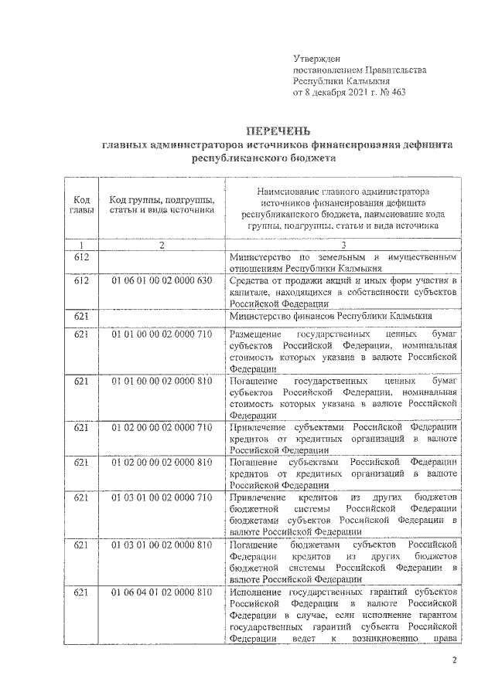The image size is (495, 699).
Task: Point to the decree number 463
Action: tap(398, 91)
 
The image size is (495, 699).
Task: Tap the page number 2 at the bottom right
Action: tap(455, 661)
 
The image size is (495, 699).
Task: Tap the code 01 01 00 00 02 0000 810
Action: tap(161, 382)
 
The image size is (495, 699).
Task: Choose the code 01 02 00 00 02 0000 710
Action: tap(161, 427)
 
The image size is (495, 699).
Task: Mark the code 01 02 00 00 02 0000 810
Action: tap(161, 462)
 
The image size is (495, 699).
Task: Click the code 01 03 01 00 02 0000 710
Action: tap(161, 497)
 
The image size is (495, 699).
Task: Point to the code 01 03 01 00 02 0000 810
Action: tap(161, 545)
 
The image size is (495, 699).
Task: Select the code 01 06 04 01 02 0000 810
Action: tap(161, 592)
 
